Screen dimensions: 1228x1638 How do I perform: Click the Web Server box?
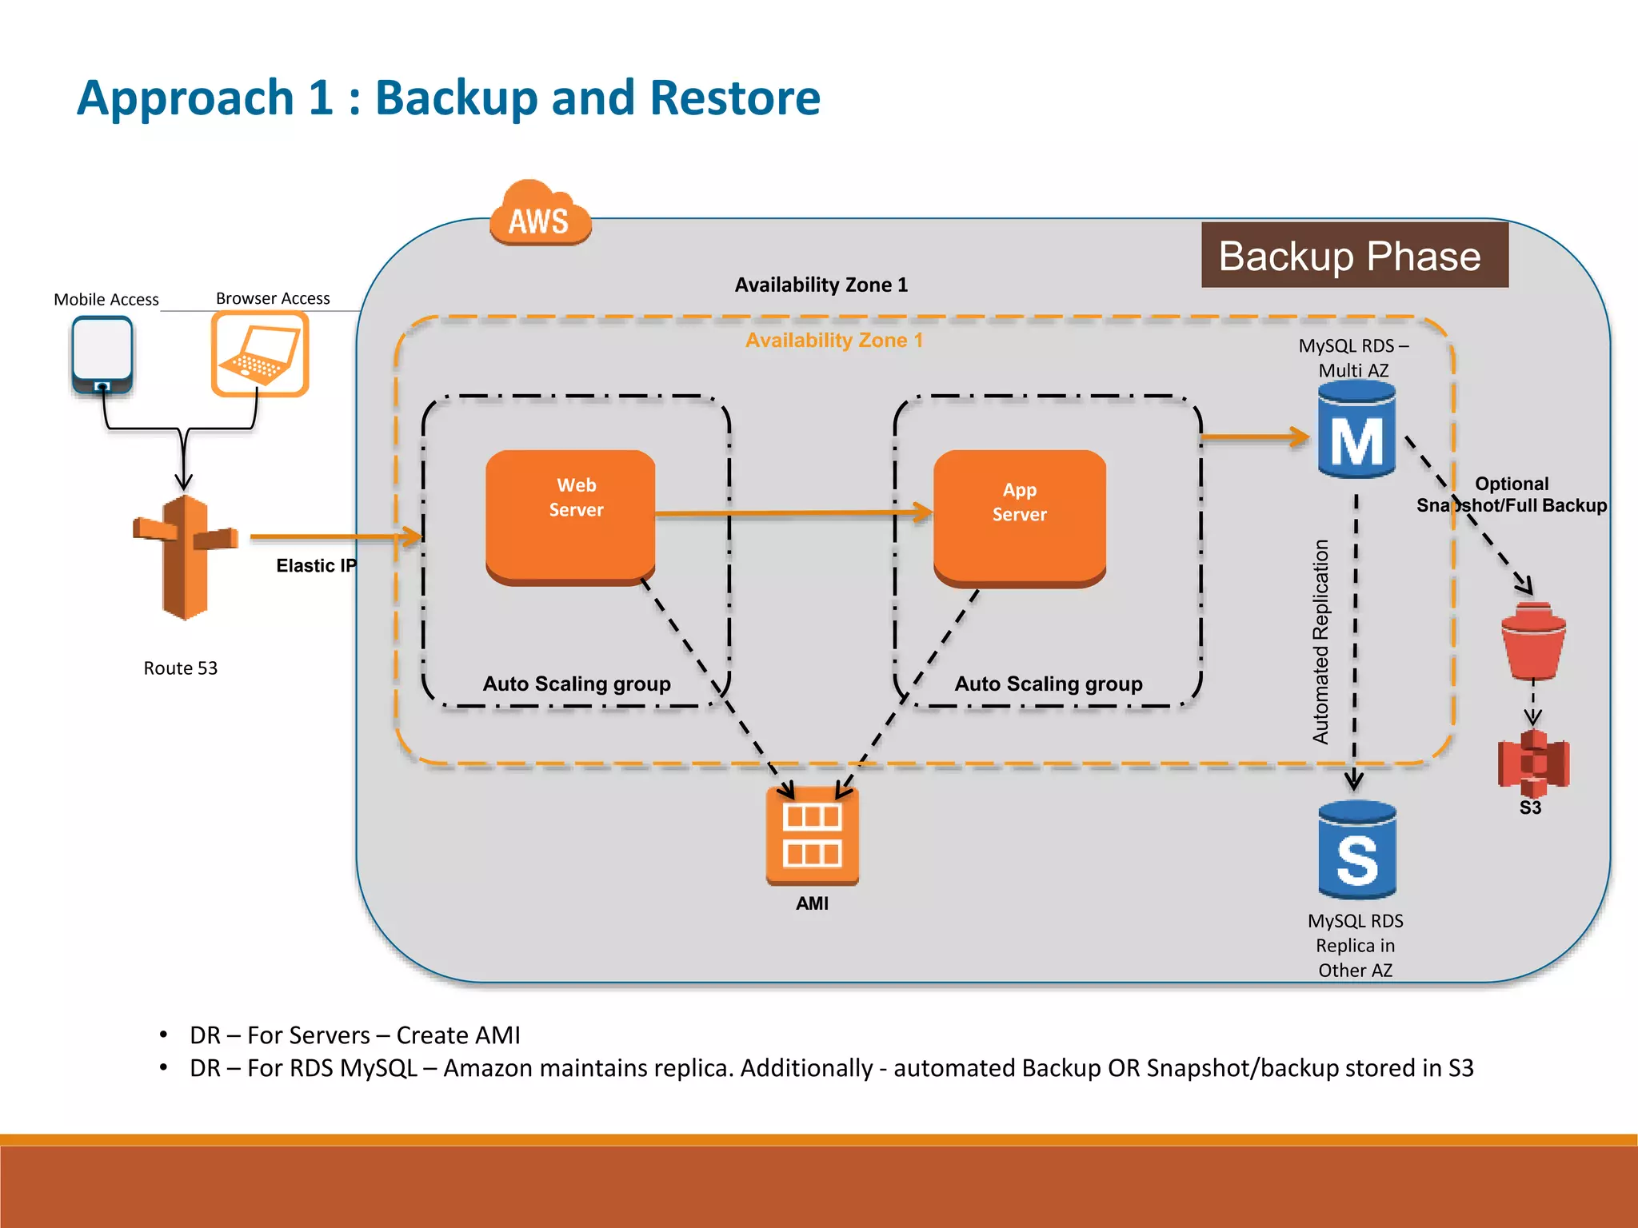[x=571, y=514]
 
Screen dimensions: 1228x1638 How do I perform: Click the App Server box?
[x=1020, y=516]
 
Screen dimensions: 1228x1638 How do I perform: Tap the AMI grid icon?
[x=812, y=835]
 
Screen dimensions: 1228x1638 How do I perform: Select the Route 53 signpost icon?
[x=185, y=557]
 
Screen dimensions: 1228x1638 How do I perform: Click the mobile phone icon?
[x=102, y=355]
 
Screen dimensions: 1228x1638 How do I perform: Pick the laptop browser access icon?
[x=260, y=354]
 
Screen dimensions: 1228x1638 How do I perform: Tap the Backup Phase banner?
[x=1354, y=256]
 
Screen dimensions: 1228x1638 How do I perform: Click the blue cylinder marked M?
[x=1356, y=432]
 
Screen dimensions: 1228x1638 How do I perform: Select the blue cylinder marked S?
[x=1356, y=851]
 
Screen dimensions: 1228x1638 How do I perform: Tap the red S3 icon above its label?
[x=1533, y=762]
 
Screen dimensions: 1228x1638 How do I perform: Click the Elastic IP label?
[x=316, y=566]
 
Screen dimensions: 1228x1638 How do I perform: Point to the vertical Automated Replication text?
[x=1320, y=642]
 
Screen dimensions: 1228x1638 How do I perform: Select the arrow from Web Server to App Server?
[x=792, y=513]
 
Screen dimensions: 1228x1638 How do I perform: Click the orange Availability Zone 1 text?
[x=834, y=341]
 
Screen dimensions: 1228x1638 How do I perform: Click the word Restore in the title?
[x=734, y=98]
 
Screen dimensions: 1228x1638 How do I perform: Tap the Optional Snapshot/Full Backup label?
[x=1511, y=495]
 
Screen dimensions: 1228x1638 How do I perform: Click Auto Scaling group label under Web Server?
[x=577, y=684]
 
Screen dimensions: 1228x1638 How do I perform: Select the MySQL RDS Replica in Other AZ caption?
[x=1355, y=946]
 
